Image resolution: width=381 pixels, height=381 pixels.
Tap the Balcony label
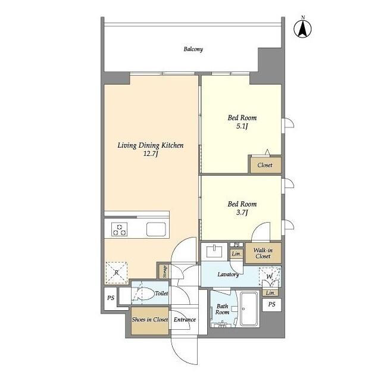coord(193,49)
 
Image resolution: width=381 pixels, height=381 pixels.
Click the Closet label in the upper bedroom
coord(265,165)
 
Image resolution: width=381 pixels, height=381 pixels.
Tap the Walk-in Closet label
coord(263,253)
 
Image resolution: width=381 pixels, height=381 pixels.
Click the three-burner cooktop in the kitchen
coord(120,229)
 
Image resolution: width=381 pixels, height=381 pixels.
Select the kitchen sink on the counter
coord(158,229)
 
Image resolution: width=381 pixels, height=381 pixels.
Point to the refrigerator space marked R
coord(116,273)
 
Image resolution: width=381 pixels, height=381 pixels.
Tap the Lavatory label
coord(228,274)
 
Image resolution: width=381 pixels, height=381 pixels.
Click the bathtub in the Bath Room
coord(248,311)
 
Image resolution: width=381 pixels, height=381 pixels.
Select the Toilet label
coord(161,293)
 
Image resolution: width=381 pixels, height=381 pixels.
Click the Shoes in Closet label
coord(149,320)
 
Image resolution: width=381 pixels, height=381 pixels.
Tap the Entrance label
coord(185,320)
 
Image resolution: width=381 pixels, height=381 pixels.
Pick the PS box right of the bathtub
coord(272,304)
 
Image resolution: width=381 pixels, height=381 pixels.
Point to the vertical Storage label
coord(164,271)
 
